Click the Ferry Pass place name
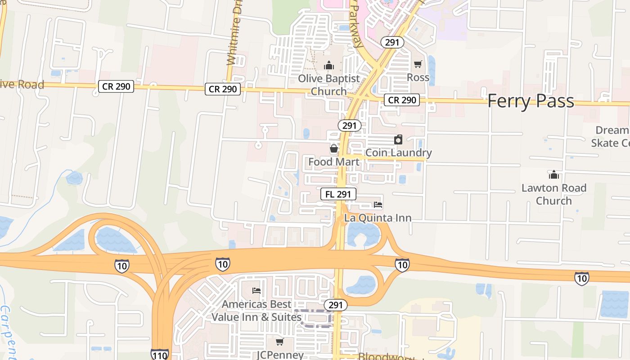(x=531, y=101)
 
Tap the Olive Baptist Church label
(x=329, y=85)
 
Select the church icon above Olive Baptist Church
(x=329, y=66)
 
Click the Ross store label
(x=418, y=77)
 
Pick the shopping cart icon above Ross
(x=418, y=64)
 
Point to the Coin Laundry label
(x=398, y=153)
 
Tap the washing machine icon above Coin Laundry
(x=398, y=139)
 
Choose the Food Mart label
(x=334, y=162)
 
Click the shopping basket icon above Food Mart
(x=334, y=148)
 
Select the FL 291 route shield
(x=338, y=194)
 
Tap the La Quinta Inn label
(x=378, y=218)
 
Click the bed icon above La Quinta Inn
(x=378, y=205)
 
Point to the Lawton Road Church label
(x=554, y=194)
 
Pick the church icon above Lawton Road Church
(x=554, y=175)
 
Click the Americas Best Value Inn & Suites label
(x=256, y=310)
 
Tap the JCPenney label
(x=280, y=355)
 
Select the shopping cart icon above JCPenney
(x=280, y=342)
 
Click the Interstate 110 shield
(x=160, y=355)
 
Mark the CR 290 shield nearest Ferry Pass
(x=401, y=100)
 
